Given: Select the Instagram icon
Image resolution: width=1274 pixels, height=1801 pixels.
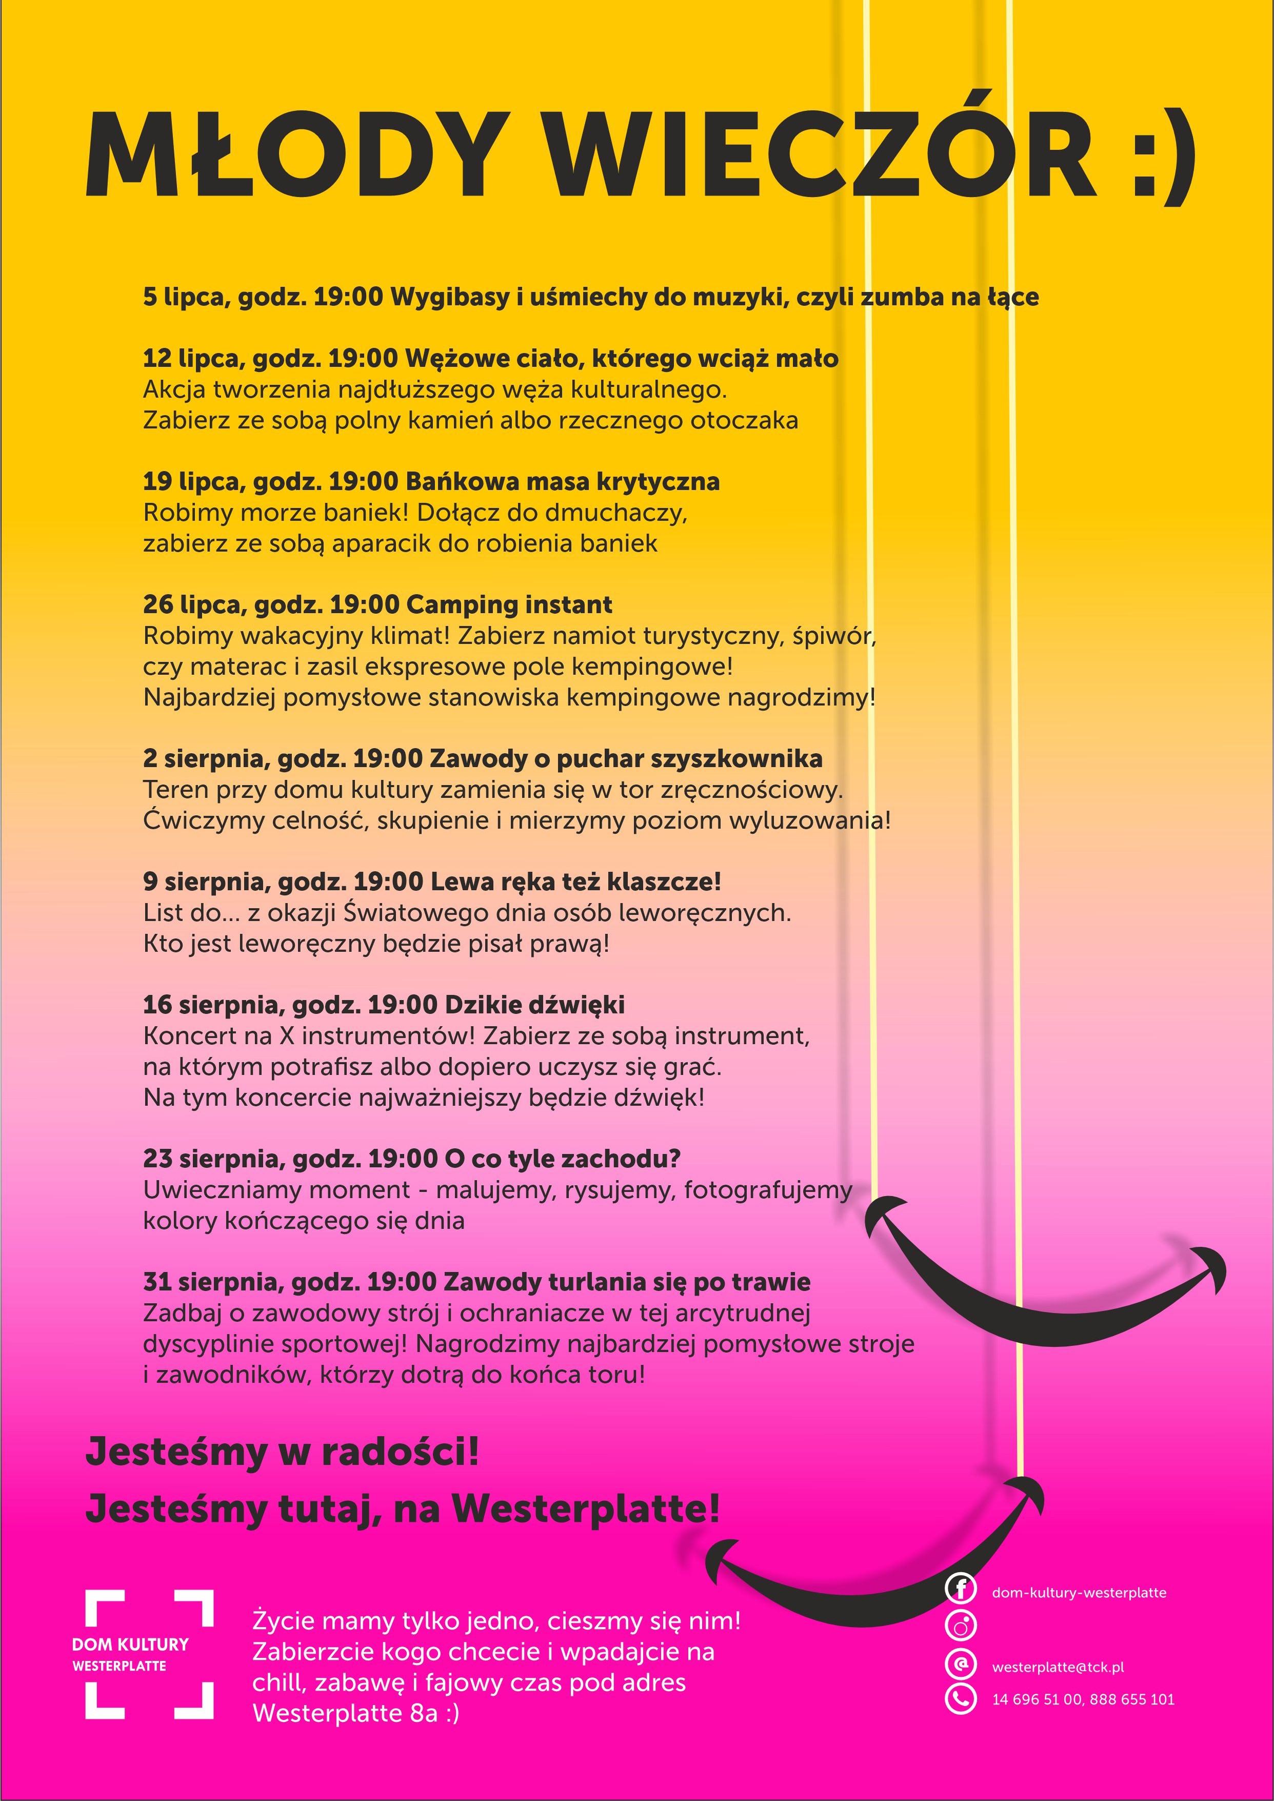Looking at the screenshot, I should pyautogui.click(x=960, y=1625).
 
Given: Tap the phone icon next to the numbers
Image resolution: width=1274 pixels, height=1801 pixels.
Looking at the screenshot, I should pyautogui.click(x=960, y=1699).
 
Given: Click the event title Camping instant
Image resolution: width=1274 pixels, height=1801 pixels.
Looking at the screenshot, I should pyautogui.click(x=509, y=605).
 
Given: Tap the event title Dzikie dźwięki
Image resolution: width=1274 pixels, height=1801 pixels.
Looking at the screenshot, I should pyautogui.click(x=534, y=1005).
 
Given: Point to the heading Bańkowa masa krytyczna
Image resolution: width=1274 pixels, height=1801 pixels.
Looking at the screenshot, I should pyautogui.click(x=563, y=482).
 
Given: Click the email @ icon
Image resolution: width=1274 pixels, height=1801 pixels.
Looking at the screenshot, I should pyautogui.click(x=960, y=1663).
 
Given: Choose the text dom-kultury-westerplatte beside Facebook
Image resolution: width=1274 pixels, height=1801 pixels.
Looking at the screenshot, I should pyautogui.click(x=1079, y=1593).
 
